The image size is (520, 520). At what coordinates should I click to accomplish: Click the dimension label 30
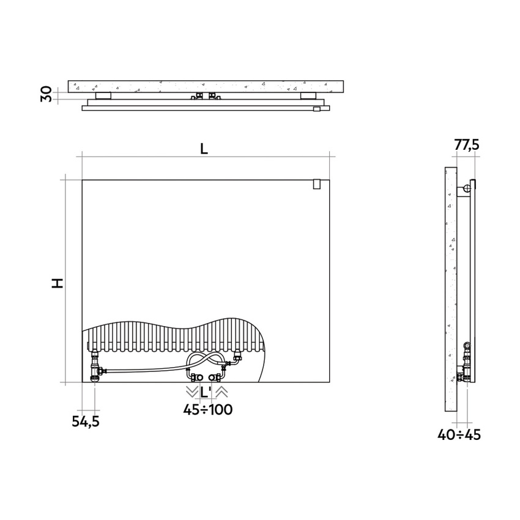46,94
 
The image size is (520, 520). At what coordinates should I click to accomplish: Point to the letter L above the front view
204,149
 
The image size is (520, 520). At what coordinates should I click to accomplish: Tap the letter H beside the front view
58,283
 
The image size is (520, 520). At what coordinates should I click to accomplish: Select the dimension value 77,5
467,144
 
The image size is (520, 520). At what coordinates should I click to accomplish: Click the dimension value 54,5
86,422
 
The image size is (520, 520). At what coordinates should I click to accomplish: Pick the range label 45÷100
208,409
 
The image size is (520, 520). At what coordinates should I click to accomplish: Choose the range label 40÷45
459,434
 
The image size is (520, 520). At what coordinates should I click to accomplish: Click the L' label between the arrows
206,392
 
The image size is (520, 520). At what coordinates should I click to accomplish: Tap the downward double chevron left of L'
192,392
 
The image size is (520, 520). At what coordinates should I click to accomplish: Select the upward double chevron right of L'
222,392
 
